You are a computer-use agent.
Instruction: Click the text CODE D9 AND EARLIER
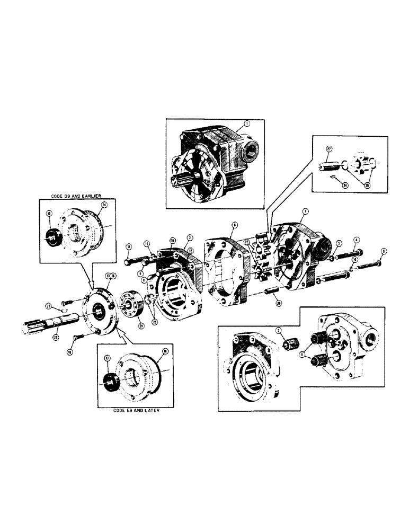tap(76, 196)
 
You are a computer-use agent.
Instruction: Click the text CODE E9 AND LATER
tap(135, 410)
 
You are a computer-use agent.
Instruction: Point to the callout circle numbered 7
tap(305, 211)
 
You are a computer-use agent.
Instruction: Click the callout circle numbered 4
tap(357, 241)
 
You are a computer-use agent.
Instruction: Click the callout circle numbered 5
tap(338, 244)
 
